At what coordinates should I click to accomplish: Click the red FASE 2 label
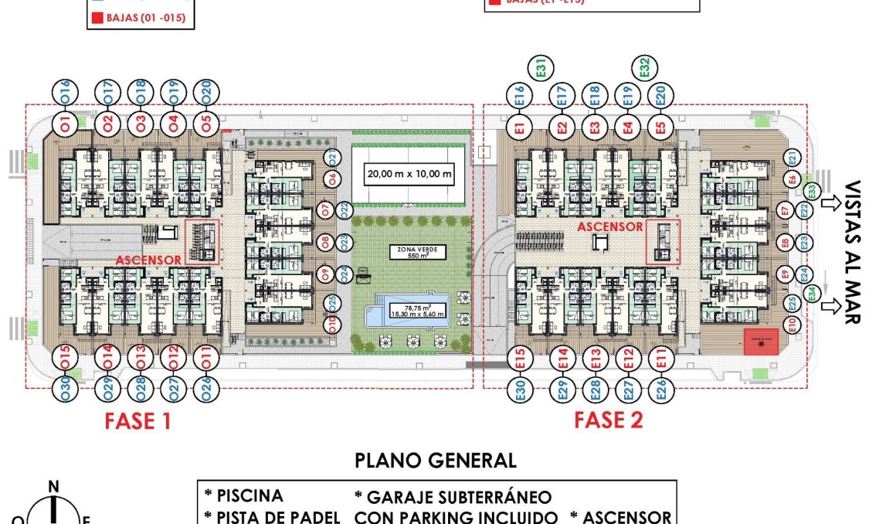[609, 420]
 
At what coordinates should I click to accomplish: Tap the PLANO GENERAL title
[435, 461]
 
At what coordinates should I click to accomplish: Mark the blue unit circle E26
[660, 389]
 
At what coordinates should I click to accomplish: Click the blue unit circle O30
[66, 390]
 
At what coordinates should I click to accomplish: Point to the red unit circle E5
[660, 125]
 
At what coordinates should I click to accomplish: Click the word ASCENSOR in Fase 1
[149, 260]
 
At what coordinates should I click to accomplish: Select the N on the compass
[53, 487]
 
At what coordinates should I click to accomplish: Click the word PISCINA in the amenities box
[248, 496]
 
